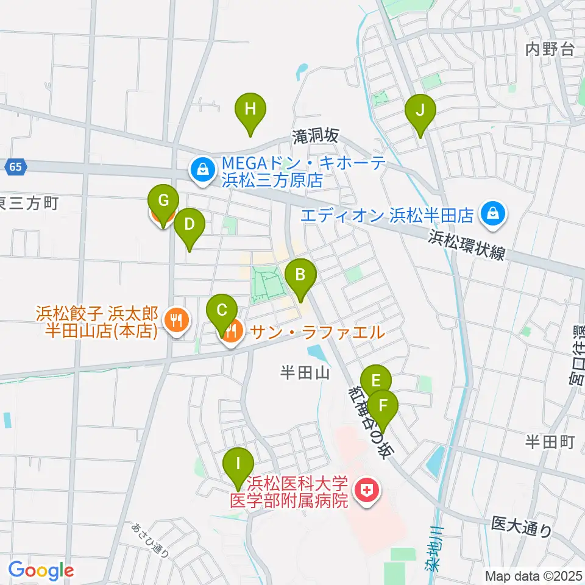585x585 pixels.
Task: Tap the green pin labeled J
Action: tap(420, 111)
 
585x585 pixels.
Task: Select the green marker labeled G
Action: tap(163, 200)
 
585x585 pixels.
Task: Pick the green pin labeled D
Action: tap(190, 225)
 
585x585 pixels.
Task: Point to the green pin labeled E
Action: tap(376, 381)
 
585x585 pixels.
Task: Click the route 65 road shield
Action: tap(18, 166)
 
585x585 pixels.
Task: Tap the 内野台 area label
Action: tap(550, 50)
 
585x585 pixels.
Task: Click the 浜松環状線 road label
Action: tap(468, 244)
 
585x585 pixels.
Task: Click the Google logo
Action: tap(40, 570)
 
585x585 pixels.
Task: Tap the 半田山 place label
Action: tap(305, 372)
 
